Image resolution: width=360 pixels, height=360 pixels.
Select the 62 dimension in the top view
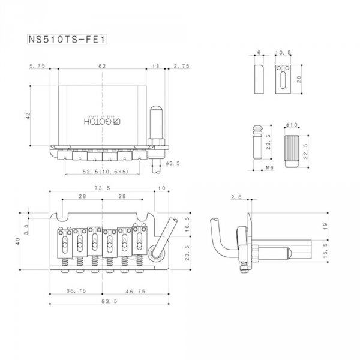point(102,66)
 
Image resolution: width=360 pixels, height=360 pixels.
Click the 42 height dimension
point(28,116)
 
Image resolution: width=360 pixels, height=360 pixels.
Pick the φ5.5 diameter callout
point(173,163)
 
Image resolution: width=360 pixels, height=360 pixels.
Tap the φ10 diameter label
point(292,124)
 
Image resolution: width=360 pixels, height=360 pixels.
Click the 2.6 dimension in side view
point(235,197)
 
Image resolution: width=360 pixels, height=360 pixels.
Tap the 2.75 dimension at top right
point(178,66)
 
